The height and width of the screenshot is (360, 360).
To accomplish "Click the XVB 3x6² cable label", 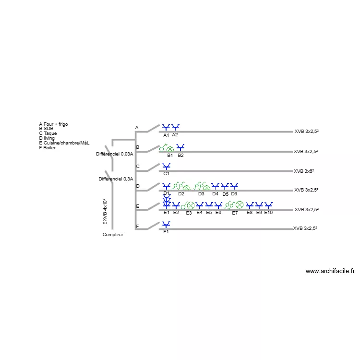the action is coord(304,171).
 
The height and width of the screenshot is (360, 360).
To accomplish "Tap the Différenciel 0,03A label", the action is coord(115,154).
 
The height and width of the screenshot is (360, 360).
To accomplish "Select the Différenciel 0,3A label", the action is coord(116,179).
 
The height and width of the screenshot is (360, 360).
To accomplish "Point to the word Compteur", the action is coord(113,234).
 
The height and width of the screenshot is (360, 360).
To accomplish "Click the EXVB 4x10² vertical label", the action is coord(105,212).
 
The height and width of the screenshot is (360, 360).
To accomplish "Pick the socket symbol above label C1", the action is coord(166,166).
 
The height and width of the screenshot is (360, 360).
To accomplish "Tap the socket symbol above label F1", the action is coord(166,224).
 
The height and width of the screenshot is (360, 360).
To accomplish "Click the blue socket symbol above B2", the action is coord(180,147).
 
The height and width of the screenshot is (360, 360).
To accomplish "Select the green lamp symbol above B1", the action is coord(170,149).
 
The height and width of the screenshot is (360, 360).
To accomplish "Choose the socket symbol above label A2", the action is coord(175,127).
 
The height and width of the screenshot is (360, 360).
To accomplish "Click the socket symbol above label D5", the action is coord(225,186).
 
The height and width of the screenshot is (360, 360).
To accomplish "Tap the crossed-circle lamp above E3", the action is coord(191,205).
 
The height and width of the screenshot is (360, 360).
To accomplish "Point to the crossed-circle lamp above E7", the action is coord(240,204).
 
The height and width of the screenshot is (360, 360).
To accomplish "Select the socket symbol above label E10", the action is coord(268,205).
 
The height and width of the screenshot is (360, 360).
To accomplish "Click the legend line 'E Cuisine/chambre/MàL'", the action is coord(64,143).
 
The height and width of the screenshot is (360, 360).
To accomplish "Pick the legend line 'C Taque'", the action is coord(48,133).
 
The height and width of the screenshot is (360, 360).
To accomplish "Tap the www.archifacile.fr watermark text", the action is coord(330,271).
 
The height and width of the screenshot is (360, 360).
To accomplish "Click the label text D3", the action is coord(201,194).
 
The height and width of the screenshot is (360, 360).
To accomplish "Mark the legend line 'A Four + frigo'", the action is coord(53,124).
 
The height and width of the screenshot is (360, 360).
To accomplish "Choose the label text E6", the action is coord(218,213).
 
